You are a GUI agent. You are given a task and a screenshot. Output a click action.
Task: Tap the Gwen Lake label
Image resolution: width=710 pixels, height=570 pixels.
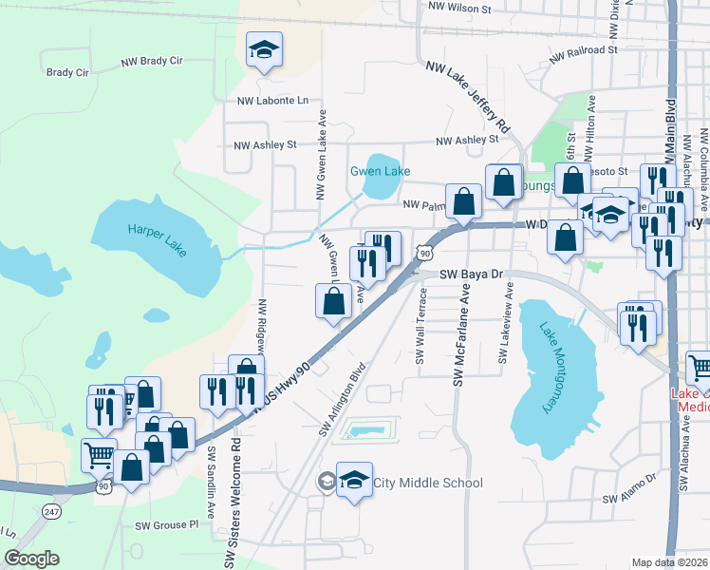click(x=380, y=172)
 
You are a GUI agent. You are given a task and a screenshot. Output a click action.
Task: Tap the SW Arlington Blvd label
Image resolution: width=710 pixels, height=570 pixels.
click(x=342, y=400)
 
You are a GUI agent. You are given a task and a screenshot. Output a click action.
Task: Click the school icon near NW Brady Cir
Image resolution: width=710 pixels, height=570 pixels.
click(x=264, y=49)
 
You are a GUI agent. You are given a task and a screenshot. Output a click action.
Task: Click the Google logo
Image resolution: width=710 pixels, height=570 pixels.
click(x=31, y=559)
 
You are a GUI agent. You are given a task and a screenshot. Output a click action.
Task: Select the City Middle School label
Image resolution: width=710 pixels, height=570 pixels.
click(x=427, y=483)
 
